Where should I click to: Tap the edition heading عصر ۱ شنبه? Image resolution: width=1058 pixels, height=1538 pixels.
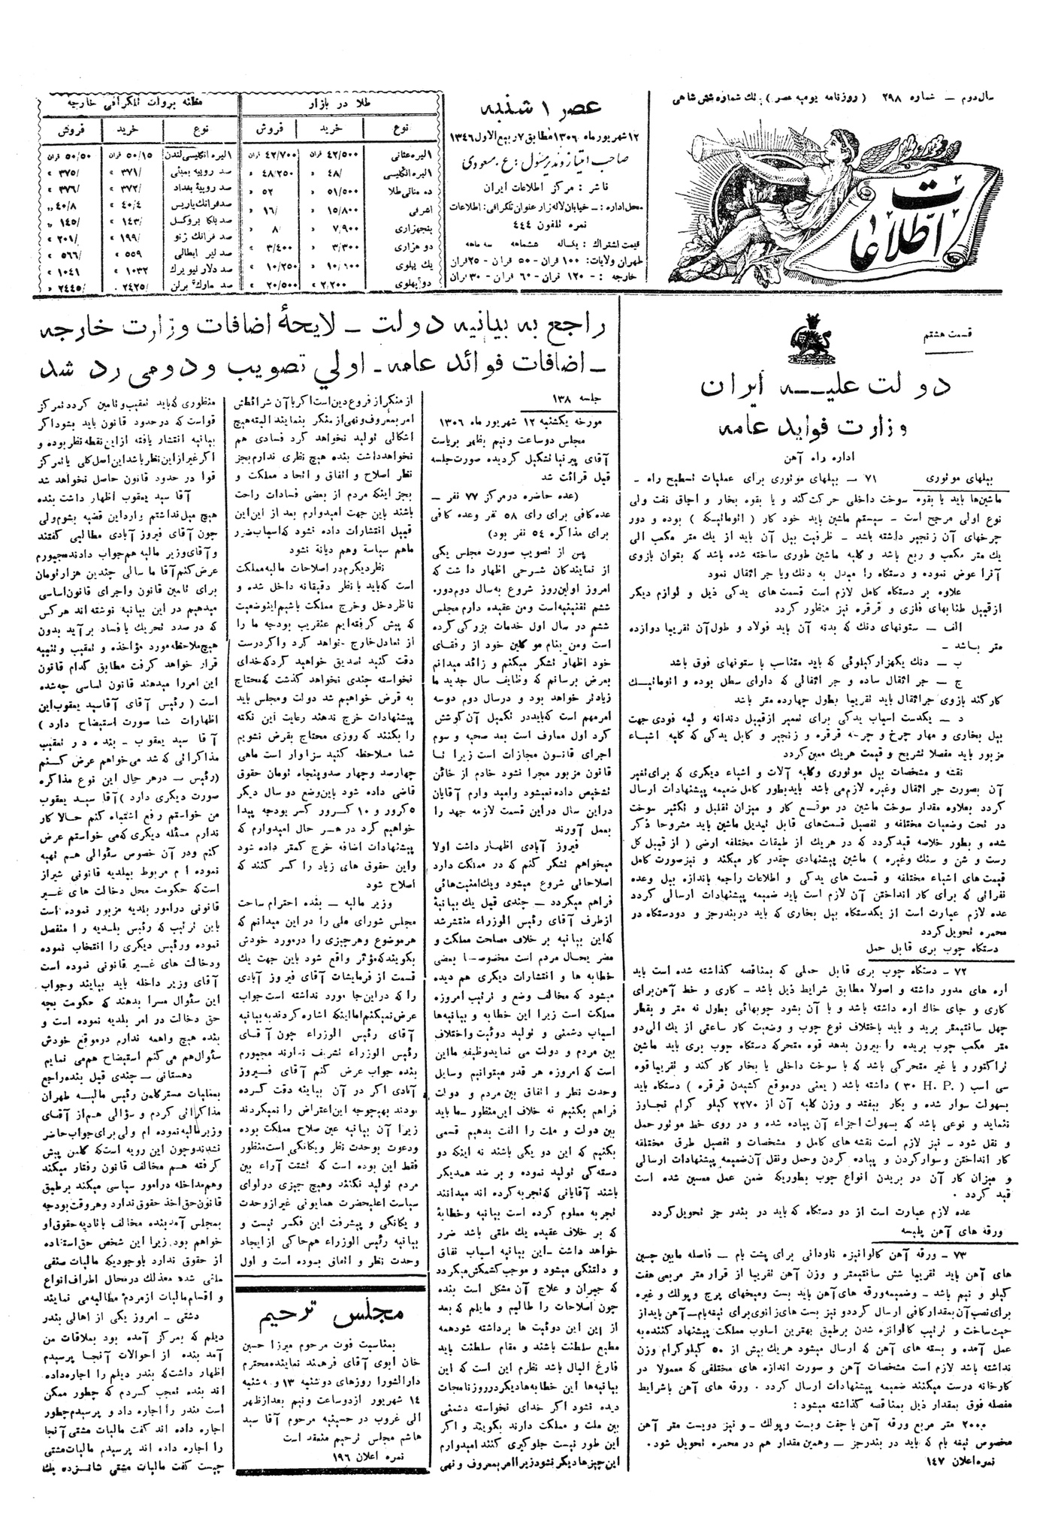562,109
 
